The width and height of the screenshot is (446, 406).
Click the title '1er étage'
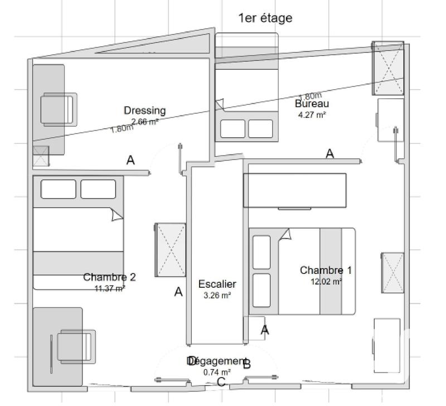click(x=265, y=18)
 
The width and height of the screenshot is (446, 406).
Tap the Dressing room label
click(x=144, y=110)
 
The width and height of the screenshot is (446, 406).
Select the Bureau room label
click(x=312, y=104)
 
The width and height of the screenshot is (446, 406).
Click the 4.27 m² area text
click(x=312, y=115)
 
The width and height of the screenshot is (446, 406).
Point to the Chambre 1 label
click(x=326, y=270)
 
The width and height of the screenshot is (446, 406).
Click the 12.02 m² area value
click(x=326, y=282)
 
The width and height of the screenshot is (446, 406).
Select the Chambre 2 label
click(x=109, y=277)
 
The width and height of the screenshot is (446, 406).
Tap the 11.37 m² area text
click(x=109, y=288)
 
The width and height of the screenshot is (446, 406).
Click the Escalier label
click(x=217, y=284)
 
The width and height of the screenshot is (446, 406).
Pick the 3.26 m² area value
click(x=217, y=296)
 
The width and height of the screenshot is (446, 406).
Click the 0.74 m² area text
click(x=217, y=372)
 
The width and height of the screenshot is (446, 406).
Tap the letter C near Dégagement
click(x=221, y=382)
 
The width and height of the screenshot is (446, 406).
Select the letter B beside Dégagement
click(x=247, y=365)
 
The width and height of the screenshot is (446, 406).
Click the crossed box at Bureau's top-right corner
click(x=387, y=69)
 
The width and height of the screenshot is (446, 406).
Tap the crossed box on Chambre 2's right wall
click(x=170, y=249)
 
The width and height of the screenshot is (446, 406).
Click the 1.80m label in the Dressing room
click(x=122, y=129)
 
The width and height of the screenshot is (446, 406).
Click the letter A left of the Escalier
click(x=178, y=292)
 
